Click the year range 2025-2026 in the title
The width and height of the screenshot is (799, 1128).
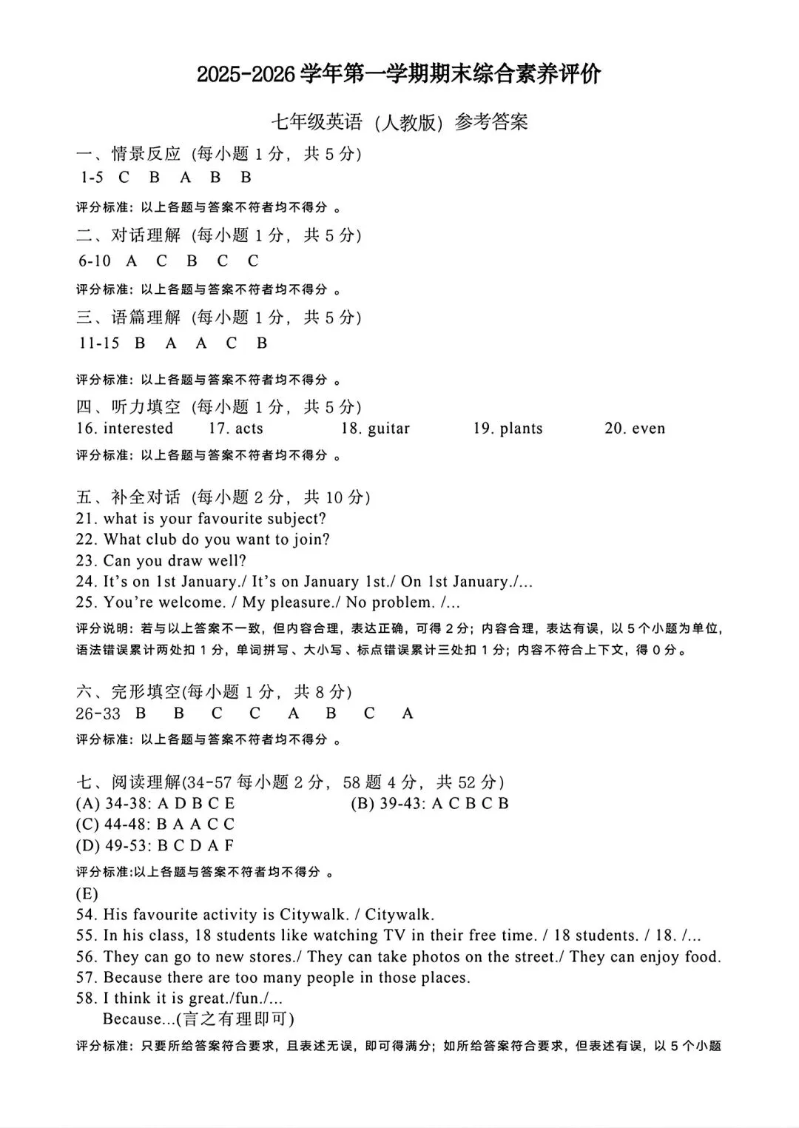(247, 75)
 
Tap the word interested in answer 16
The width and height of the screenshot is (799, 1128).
(138, 429)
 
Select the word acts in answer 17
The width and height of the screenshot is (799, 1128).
(249, 429)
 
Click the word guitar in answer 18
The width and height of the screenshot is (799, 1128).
(388, 429)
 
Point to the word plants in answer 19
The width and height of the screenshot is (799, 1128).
(521, 429)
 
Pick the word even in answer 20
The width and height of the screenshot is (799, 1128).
(648, 429)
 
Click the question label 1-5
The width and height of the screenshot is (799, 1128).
(92, 178)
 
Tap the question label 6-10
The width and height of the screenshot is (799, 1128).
(95, 261)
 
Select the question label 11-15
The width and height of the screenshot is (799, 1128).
(99, 343)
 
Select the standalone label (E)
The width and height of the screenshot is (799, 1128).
(87, 893)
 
